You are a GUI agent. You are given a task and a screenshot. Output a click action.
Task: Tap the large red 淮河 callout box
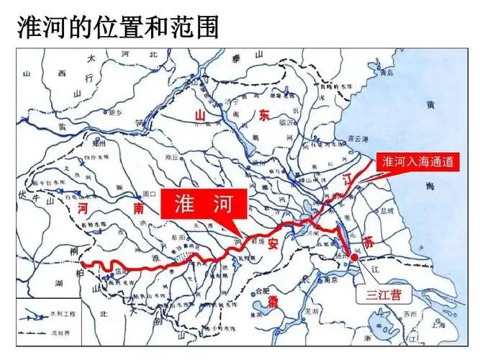[x=203, y=204]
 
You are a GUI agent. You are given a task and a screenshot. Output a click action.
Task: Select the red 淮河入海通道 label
[x=418, y=162]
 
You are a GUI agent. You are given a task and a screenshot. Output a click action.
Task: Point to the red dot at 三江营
[x=353, y=257]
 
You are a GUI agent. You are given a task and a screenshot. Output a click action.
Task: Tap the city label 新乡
[x=116, y=112]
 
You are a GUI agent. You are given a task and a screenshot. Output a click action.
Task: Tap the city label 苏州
[x=411, y=314]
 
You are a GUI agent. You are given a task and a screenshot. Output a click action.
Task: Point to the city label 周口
[x=149, y=194]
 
